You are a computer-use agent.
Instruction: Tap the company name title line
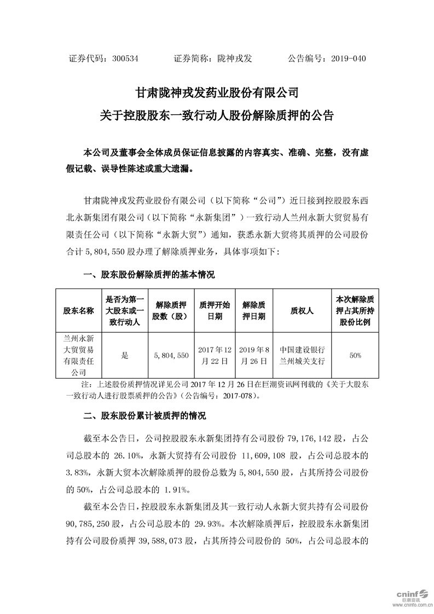(x=217, y=92)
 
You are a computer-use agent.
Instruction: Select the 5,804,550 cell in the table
(x=170, y=355)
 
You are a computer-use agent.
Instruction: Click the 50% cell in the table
(x=355, y=355)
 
